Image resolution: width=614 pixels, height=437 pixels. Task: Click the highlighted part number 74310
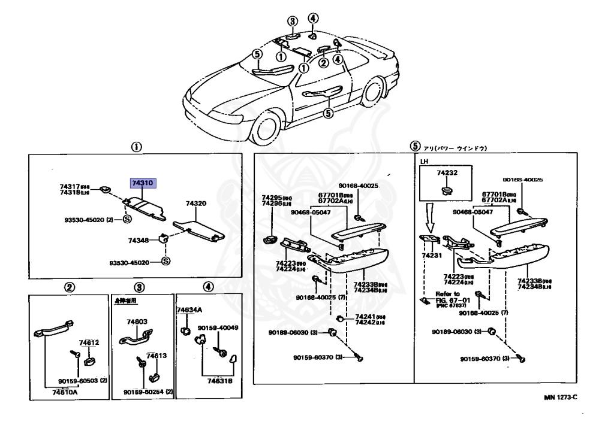point(143,183)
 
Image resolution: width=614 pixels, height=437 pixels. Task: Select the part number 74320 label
point(196,204)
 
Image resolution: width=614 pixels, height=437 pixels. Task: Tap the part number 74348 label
point(138,240)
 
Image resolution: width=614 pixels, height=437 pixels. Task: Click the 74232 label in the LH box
point(447,172)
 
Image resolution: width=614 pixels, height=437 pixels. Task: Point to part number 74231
point(431,255)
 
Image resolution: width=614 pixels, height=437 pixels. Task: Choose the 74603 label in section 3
point(137,321)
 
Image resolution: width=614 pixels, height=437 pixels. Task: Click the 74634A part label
point(189,310)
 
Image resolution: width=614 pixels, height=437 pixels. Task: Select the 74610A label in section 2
point(64,392)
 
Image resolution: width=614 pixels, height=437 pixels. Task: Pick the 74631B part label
point(220,380)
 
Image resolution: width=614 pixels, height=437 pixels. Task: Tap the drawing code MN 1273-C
point(561,397)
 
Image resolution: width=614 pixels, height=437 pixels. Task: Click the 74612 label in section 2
point(89,342)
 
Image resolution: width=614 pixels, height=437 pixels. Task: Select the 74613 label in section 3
point(156,356)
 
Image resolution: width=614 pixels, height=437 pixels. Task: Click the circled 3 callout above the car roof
point(292,22)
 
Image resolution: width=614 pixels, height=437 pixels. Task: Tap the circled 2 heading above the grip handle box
point(70,287)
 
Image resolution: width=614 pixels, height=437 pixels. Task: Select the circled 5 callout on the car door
point(328,113)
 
